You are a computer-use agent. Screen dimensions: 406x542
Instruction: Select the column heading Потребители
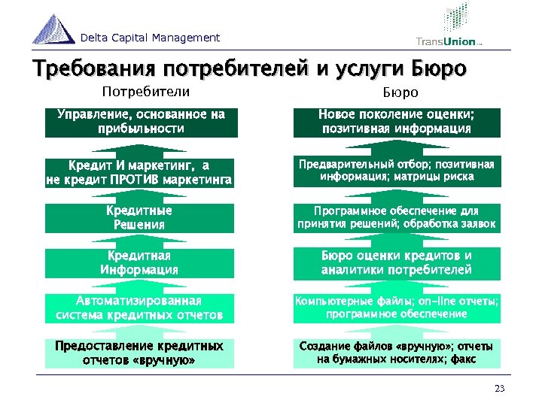pyautogui.click(x=145, y=92)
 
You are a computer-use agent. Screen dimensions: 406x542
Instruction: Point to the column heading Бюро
pyautogui.click(x=395, y=92)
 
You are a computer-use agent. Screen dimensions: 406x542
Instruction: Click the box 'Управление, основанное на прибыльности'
pyautogui.click(x=141, y=121)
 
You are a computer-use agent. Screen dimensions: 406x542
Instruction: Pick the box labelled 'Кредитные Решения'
pyautogui.click(x=141, y=218)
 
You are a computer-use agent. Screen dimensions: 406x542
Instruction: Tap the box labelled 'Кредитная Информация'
pyautogui.click(x=141, y=263)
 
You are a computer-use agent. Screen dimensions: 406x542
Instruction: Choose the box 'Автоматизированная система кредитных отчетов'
pyautogui.click(x=141, y=308)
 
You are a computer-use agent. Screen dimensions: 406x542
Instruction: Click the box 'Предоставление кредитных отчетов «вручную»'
pyautogui.click(x=141, y=353)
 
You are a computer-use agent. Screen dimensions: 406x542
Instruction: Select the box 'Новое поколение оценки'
pyautogui.click(x=396, y=121)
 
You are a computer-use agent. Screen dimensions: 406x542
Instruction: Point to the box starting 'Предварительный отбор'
pyautogui.click(x=396, y=171)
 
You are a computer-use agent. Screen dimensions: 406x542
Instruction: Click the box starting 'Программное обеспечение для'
pyautogui.click(x=396, y=218)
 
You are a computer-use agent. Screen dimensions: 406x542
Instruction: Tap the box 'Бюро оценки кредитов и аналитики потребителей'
pyautogui.click(x=396, y=263)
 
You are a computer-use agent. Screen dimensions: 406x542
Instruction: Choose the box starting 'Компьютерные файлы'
pyautogui.click(x=396, y=308)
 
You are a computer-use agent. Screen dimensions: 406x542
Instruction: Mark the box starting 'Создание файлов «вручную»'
pyautogui.click(x=396, y=353)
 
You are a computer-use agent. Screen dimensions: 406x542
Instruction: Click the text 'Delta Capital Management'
pyautogui.click(x=151, y=38)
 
